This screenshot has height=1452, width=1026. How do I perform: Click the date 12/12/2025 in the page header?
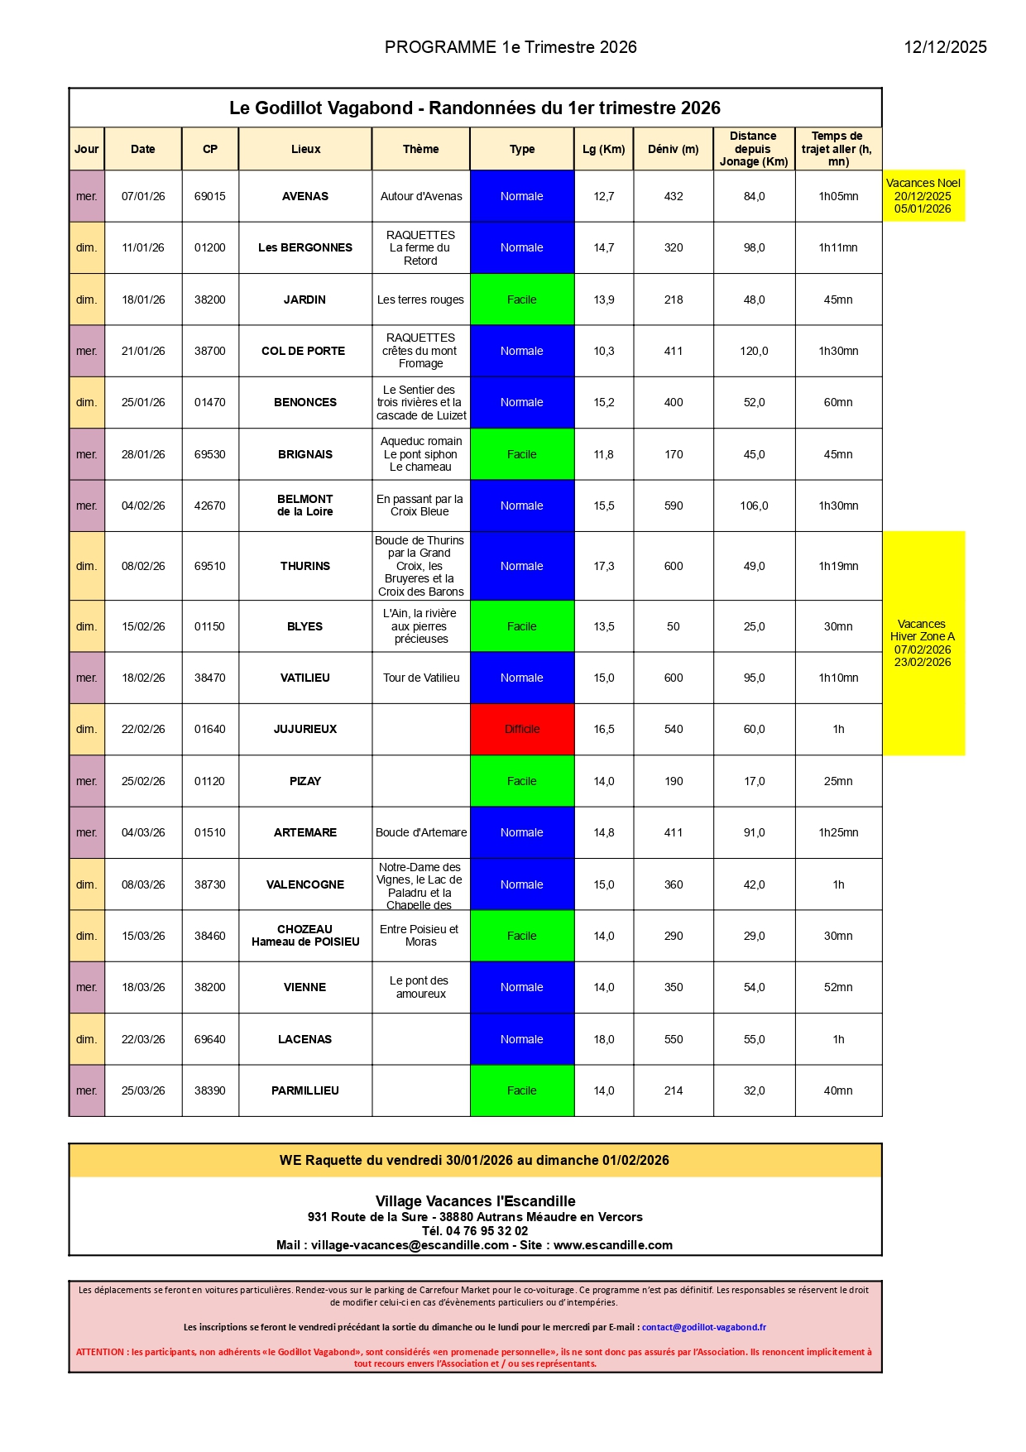pos(945,47)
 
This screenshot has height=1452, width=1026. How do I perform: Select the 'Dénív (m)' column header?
pos(673,149)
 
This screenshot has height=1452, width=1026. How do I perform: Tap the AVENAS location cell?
pos(305,196)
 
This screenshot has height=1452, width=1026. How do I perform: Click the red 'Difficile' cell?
pos(522,729)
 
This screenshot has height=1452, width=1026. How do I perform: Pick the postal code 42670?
pos(209,506)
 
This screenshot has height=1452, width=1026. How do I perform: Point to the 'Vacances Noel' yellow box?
pos(923,196)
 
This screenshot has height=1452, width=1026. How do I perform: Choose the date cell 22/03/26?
pos(143,1039)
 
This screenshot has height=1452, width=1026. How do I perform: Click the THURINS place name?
pos(305,566)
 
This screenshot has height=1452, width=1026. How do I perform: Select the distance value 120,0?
pos(754,351)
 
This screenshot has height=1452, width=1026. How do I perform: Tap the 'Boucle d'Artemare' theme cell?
pos(421,832)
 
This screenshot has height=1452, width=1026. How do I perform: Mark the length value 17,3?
pos(604,566)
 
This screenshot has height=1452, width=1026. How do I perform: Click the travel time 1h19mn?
pos(838,566)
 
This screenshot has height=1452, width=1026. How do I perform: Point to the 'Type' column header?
pos(522,149)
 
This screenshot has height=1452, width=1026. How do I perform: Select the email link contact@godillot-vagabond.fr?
pos(704,1327)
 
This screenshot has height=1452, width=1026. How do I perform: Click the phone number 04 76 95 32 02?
pos(487,1231)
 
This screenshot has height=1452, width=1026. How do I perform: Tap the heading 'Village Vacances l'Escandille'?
pos(475,1201)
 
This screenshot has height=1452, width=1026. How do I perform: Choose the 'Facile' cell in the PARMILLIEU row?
pos(522,1090)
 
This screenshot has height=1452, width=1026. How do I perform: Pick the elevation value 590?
pos(674,506)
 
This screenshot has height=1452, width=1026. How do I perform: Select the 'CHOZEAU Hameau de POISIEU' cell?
pos(305,936)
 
